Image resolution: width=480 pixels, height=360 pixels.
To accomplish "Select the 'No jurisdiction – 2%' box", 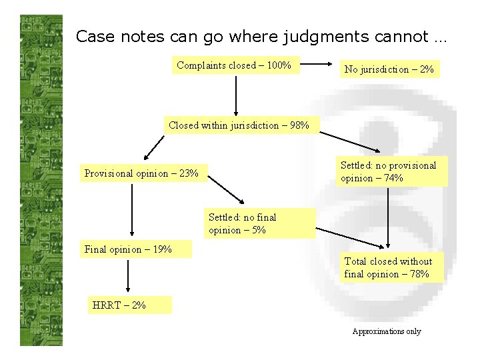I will click(389, 69).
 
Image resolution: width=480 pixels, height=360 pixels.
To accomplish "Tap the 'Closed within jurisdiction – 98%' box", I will click(239, 125).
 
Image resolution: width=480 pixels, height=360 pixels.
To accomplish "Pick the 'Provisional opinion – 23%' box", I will click(141, 174).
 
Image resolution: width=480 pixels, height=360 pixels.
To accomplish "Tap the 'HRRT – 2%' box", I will click(129, 305).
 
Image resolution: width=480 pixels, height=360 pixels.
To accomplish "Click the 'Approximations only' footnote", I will click(387, 331).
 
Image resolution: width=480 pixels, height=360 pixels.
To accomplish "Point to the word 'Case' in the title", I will click(91, 36).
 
